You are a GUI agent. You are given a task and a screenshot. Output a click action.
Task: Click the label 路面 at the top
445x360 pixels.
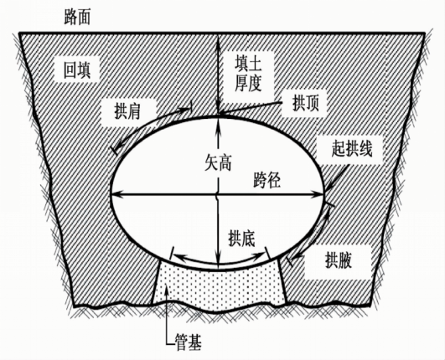click(77, 17)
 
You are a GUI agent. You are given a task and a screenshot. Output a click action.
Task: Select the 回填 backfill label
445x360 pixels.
click(76, 69)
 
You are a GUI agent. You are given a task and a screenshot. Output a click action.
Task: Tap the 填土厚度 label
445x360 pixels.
click(248, 73)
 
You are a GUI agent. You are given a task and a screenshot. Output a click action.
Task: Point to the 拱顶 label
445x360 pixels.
click(306, 103)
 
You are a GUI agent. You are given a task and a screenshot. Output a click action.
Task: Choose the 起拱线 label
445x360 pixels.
click(352, 148)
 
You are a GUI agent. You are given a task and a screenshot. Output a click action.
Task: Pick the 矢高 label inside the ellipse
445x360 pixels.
click(218, 163)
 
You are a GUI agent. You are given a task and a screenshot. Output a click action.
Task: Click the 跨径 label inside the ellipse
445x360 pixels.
click(266, 180)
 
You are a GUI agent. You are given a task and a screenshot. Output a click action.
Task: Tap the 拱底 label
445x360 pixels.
click(242, 239)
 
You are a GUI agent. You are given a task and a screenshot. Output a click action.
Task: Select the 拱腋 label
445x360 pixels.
click(339, 260)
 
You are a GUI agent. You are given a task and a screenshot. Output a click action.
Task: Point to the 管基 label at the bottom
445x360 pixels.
click(189, 342)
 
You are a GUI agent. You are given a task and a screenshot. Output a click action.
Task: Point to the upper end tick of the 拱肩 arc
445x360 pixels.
click(191, 106)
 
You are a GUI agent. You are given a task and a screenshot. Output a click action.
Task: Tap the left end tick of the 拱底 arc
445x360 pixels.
click(171, 253)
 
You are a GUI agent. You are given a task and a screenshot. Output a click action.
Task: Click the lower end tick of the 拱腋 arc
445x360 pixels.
click(289, 261)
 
